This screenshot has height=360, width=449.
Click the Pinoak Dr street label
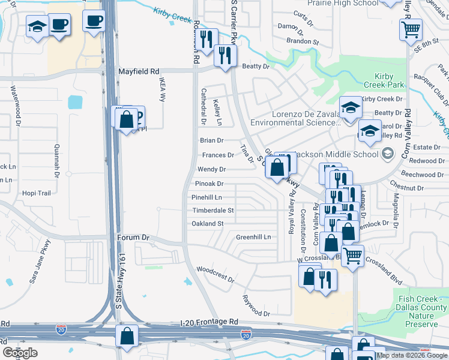[x=209, y=184]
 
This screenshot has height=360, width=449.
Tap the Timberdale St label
[x=212, y=211]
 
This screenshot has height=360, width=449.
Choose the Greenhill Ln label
[x=253, y=237]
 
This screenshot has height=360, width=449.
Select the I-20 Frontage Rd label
[x=209, y=322]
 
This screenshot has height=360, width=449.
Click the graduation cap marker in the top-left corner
[x=37, y=27]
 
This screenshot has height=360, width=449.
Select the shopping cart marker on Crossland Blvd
[x=352, y=256]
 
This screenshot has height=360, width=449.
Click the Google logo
[x=20, y=353]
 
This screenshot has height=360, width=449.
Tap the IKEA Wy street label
[x=162, y=88]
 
